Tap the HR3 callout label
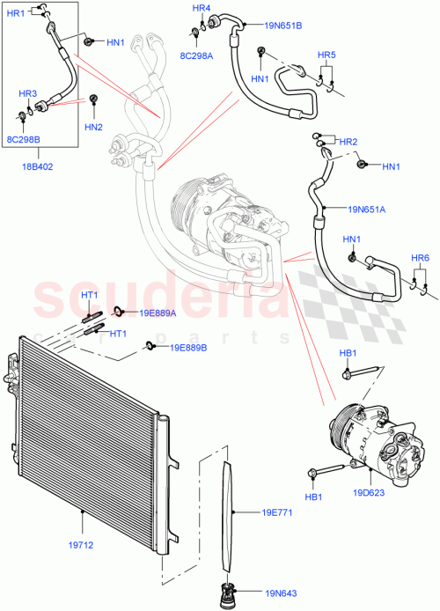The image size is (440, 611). point(27,93)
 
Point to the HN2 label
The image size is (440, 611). point(93,127)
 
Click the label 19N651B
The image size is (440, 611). point(282,26)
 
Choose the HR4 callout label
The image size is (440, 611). point(202,8)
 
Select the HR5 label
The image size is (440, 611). point(326,55)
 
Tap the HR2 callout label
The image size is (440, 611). point(348,142)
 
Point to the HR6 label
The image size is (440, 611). point(420,257)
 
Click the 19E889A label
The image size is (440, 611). point(158,313)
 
